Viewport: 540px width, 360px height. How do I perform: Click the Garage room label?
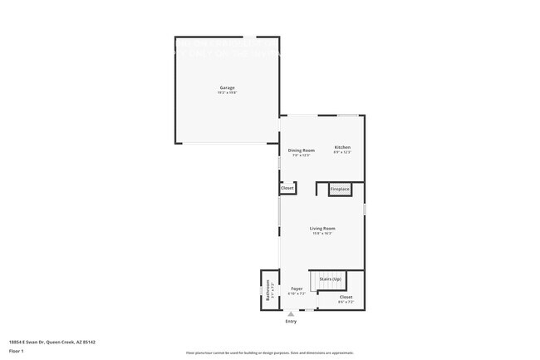pos(227,87)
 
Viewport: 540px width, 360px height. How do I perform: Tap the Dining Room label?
pos(301,150)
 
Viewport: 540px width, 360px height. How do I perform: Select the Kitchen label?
pos(342,147)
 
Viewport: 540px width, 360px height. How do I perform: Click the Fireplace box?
pos(340,190)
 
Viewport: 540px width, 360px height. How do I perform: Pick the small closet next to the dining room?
pos(287,189)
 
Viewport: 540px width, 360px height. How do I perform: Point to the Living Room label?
pos(322,228)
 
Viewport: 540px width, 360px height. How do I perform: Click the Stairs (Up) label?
pos(331,279)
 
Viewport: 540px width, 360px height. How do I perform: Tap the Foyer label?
pos(297,288)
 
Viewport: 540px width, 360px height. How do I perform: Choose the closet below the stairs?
pos(346,297)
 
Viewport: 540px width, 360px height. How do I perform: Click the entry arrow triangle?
pos(291,314)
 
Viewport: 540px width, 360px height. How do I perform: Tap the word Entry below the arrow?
pos(291,321)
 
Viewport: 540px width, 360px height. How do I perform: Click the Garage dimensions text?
pos(227,92)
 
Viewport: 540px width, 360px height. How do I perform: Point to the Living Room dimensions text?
pos(322,233)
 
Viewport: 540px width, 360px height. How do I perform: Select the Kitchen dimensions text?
pos(342,152)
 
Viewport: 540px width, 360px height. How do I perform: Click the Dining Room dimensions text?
pos(301,155)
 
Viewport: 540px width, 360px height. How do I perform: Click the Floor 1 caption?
pos(17,352)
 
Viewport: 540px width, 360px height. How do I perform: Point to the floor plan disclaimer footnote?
pos(269,353)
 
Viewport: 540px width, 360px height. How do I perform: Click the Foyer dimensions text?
pos(297,293)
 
